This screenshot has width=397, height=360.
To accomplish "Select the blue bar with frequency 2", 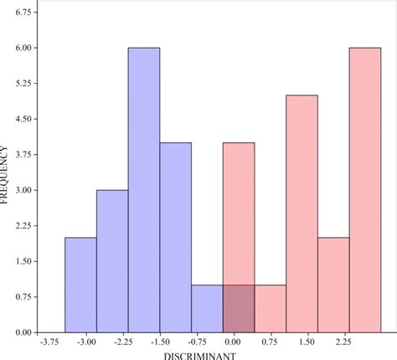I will click(x=80, y=285).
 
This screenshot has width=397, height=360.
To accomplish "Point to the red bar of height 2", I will click(x=333, y=285).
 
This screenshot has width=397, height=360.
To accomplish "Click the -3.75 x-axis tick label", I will click(x=48, y=342).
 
